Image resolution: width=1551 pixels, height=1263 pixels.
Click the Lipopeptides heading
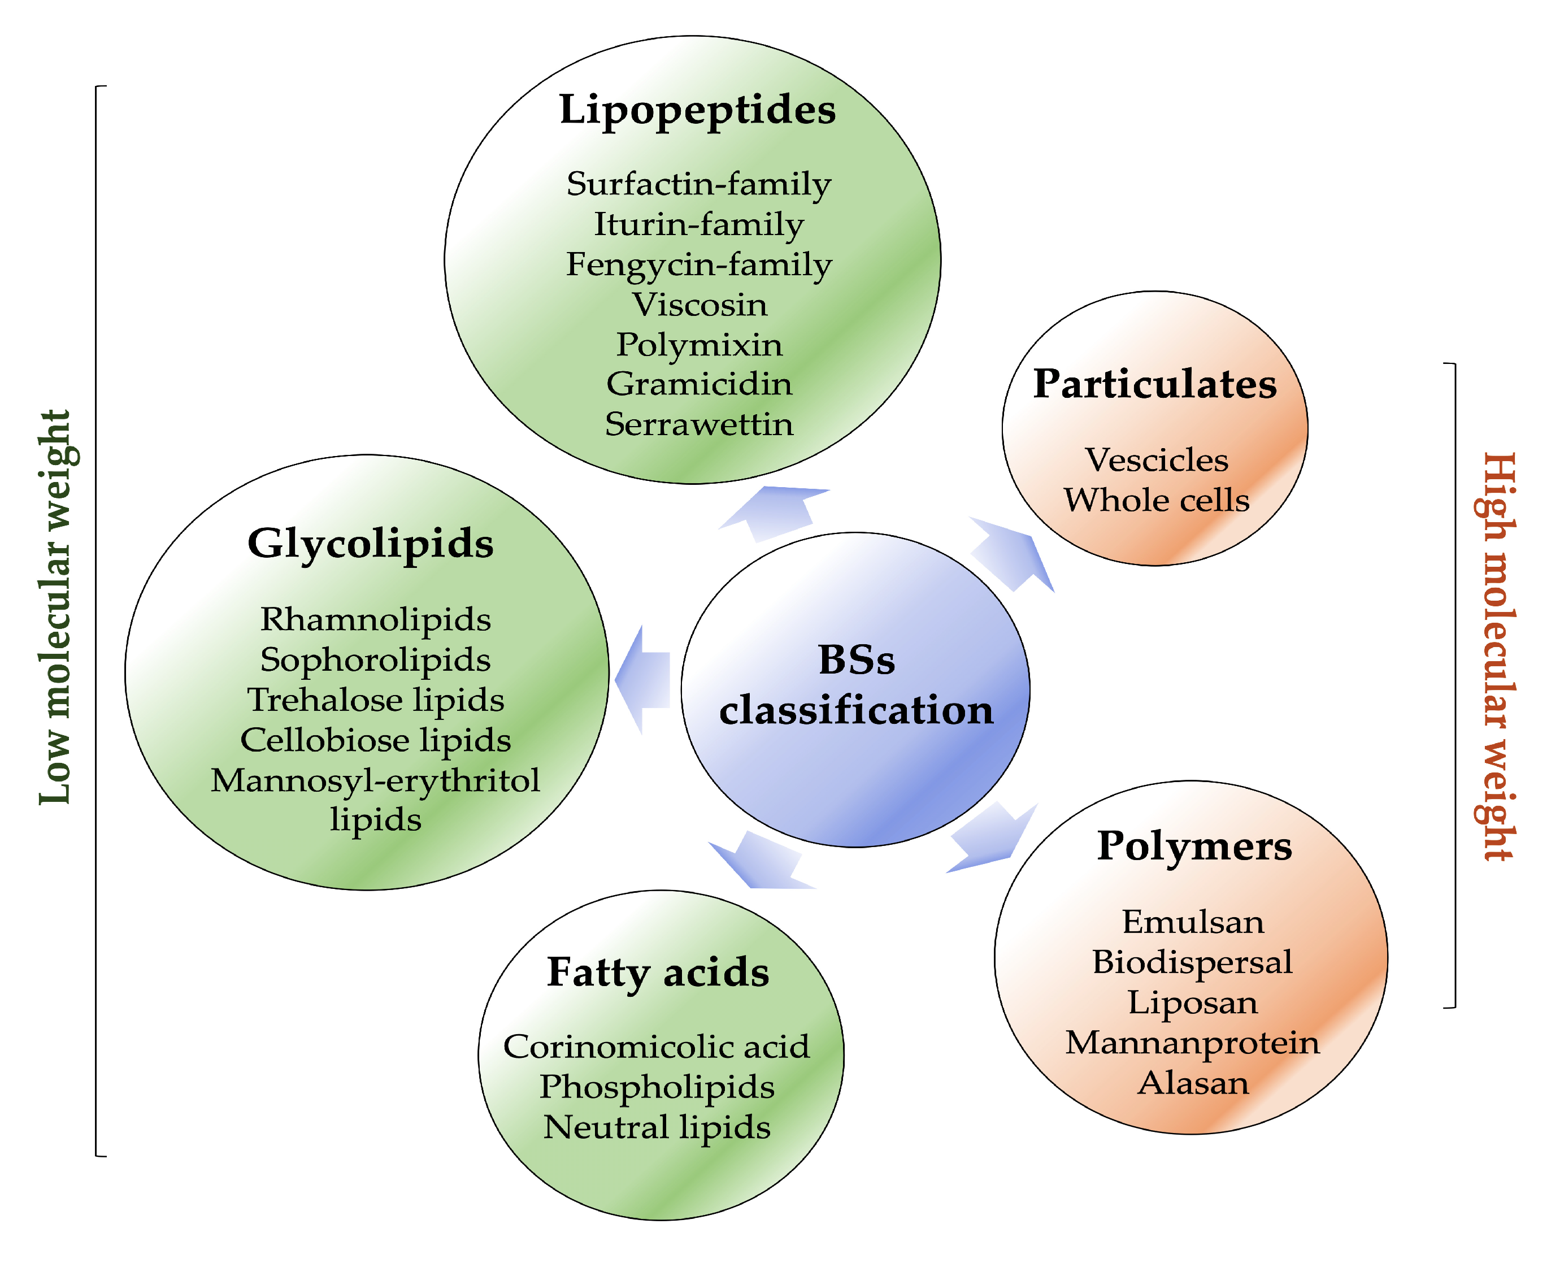pyautogui.click(x=697, y=111)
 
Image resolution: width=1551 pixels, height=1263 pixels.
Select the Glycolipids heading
pyautogui.click(x=370, y=544)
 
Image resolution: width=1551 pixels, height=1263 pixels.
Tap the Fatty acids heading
pyautogui.click(x=658, y=973)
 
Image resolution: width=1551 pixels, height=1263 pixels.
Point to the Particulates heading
pyautogui.click(x=1154, y=384)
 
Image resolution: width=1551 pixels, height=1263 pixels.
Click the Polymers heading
pyautogui.click(x=1194, y=846)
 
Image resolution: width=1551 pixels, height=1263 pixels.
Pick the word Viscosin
pyautogui.click(x=699, y=305)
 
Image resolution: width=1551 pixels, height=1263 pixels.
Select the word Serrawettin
pyautogui.click(x=699, y=424)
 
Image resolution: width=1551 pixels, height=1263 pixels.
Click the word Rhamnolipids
pyautogui.click(x=375, y=620)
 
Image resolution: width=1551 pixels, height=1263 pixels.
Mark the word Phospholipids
pyautogui.click(x=656, y=1087)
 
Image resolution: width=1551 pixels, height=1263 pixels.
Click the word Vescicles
pyautogui.click(x=1157, y=460)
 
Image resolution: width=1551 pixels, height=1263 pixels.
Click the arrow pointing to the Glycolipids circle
pyautogui.click(x=644, y=679)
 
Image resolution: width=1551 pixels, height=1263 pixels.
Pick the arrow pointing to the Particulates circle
pyautogui.click(x=1013, y=553)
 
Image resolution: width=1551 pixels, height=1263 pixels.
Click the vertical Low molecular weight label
pyautogui.click(x=55, y=607)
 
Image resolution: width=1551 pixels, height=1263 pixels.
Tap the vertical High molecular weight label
pyautogui.click(x=1498, y=655)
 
